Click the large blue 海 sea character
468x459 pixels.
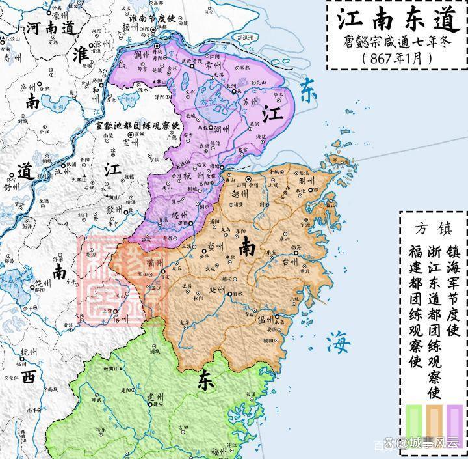[x=339, y=339]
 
